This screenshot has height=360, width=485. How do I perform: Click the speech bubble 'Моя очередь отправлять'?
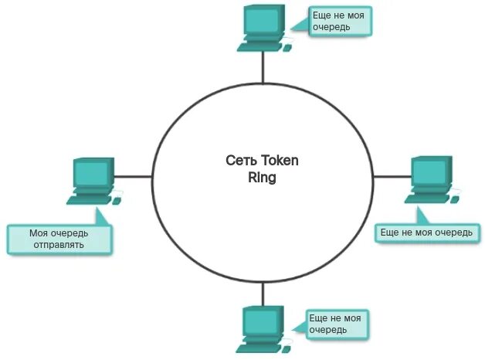pyautogui.click(x=59, y=239)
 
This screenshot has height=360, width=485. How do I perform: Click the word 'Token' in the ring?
pyautogui.click(x=279, y=161)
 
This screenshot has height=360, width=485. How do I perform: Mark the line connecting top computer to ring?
pyautogui.click(x=263, y=67)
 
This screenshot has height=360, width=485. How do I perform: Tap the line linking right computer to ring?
pyautogui.click(x=389, y=176)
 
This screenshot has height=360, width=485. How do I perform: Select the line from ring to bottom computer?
pyautogui.click(x=263, y=293)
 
